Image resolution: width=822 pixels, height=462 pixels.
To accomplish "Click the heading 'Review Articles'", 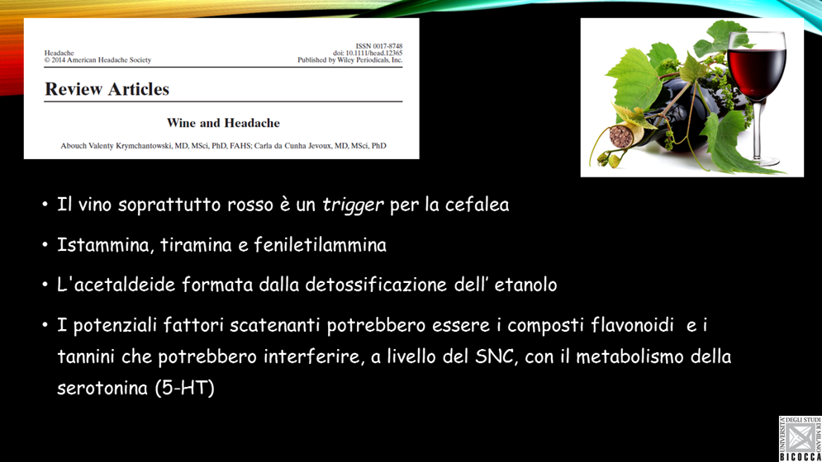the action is [x=107, y=89].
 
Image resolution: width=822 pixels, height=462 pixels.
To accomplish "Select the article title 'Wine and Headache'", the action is [x=223, y=123].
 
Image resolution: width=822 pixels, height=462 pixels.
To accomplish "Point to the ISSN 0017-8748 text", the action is [x=379, y=46].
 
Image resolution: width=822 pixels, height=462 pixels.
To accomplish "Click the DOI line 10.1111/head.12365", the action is [x=368, y=53].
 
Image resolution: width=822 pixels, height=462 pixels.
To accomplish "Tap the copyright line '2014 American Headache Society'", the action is [x=97, y=59].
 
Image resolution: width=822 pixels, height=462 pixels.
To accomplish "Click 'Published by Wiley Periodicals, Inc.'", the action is [x=349, y=59].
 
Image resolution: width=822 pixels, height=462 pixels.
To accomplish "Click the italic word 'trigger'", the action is [x=352, y=205].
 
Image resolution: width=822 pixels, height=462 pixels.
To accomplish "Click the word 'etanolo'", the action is [x=525, y=285].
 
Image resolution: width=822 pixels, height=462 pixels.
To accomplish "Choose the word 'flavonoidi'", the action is [x=632, y=325].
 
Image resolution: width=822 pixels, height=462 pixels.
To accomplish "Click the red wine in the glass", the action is [x=757, y=67].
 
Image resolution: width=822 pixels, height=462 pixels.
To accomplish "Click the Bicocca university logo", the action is [x=800, y=438].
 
